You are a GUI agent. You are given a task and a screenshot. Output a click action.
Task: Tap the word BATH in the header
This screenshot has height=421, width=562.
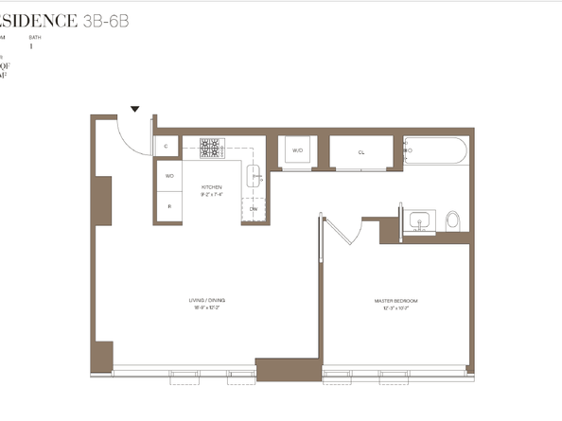34,36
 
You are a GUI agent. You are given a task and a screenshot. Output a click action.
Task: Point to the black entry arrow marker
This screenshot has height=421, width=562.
135,109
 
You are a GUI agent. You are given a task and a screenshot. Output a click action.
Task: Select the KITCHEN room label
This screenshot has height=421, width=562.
211,187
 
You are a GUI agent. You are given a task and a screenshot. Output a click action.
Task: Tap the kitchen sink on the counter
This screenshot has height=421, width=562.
255,175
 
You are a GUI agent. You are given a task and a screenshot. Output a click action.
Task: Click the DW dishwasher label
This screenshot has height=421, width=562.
253,208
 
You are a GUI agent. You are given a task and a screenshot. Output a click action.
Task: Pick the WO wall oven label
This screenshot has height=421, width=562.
169,176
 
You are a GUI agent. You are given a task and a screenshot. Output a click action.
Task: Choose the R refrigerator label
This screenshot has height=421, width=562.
169,205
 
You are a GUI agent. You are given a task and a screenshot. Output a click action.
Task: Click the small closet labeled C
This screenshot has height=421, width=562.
167,146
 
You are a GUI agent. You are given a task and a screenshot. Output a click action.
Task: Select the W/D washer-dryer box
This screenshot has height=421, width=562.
296,151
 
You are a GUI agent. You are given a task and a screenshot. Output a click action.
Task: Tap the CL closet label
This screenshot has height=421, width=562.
361,151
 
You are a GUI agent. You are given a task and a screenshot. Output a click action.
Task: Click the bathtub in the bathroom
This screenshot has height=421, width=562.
435,150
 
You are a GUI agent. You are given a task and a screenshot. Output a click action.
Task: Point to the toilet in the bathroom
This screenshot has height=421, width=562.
452,221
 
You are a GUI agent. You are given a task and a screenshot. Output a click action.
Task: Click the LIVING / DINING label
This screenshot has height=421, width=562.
207,300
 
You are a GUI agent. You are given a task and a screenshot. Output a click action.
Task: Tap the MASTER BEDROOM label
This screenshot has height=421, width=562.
395,300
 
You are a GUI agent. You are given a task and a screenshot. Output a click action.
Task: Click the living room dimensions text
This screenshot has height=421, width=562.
207,307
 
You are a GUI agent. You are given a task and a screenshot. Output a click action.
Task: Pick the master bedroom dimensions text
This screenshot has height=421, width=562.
395,307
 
